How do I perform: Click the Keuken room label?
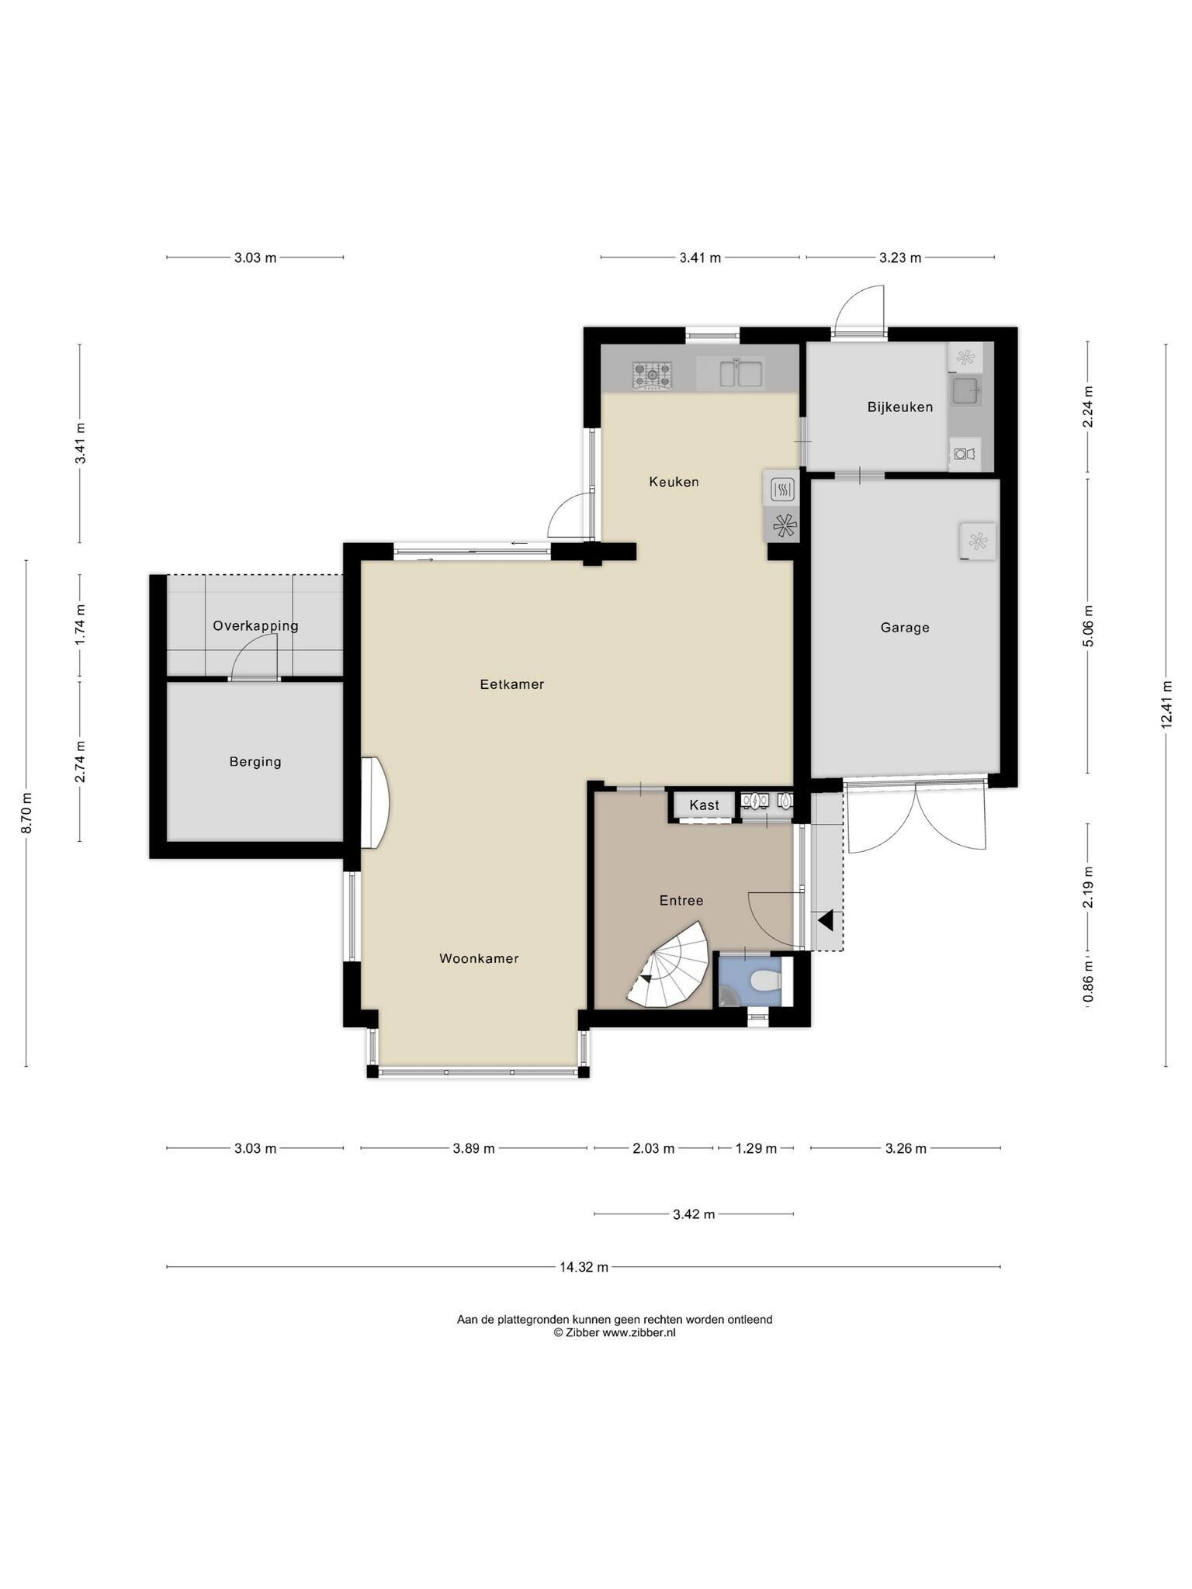(x=674, y=482)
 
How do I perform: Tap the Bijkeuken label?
(x=900, y=407)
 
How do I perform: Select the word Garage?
(x=905, y=628)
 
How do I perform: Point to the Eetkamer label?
(x=512, y=684)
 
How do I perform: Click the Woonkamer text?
(x=479, y=958)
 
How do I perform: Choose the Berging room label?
(x=255, y=762)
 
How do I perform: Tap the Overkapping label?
(x=255, y=626)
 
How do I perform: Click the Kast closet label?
(x=705, y=805)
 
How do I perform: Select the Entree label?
(x=681, y=901)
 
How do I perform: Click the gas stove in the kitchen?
(x=653, y=376)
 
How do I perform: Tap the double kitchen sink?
(x=740, y=372)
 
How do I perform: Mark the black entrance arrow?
(x=825, y=920)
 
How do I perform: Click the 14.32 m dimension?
(x=584, y=1267)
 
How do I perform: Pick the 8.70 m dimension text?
(x=27, y=813)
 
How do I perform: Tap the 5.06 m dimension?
(x=1088, y=625)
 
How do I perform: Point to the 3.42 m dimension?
(x=694, y=1214)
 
